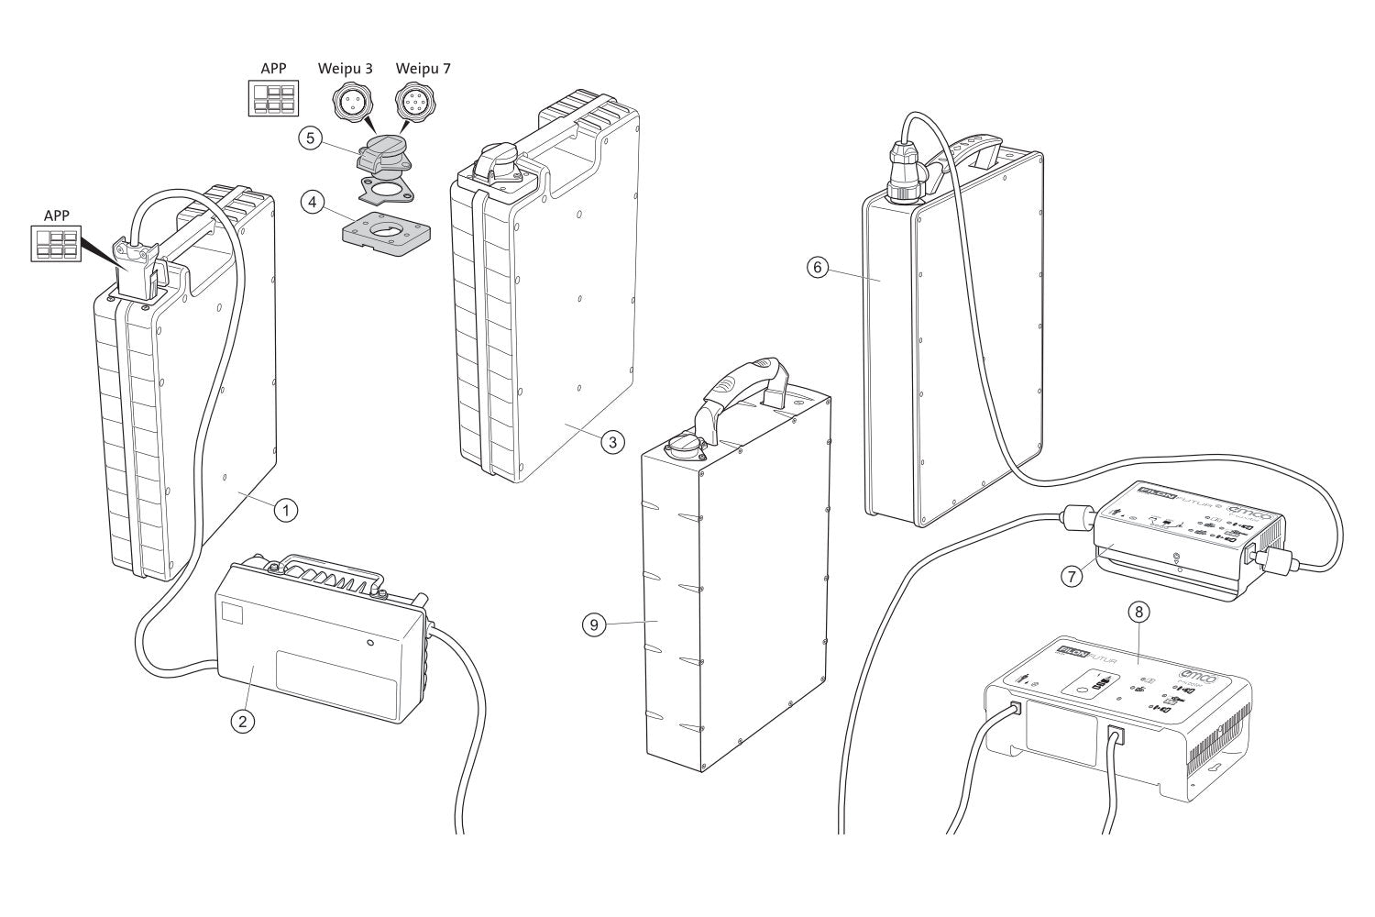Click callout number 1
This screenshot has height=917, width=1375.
pyautogui.click(x=286, y=509)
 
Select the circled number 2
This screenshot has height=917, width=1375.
pyautogui.click(x=242, y=721)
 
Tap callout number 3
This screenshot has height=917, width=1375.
pyautogui.click(x=612, y=441)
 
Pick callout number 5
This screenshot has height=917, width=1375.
pyautogui.click(x=310, y=138)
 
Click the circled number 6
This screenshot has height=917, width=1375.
pyautogui.click(x=819, y=267)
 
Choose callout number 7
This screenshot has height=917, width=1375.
pyautogui.click(x=1071, y=576)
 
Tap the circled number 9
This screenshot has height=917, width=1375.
pyautogui.click(x=594, y=624)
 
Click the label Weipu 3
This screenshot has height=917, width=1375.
pyautogui.click(x=345, y=69)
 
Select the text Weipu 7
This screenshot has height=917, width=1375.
pyautogui.click(x=423, y=69)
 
